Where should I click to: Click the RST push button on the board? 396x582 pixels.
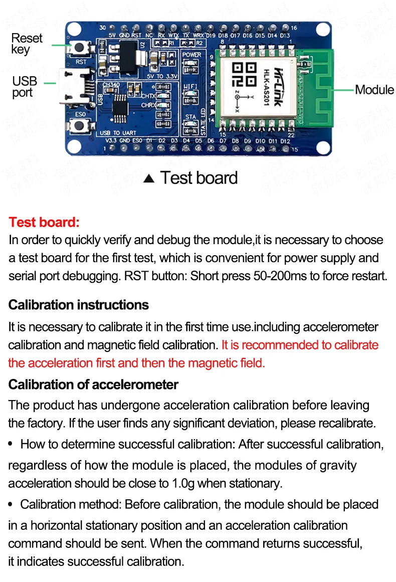tap(80, 49)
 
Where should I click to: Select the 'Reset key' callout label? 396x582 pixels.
tap(27, 44)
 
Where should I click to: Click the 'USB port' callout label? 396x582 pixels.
tap(25, 87)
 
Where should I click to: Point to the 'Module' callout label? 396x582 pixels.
tap(374, 90)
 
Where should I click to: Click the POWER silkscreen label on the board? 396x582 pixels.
tap(191, 55)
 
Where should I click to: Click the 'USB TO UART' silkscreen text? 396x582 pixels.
tap(117, 133)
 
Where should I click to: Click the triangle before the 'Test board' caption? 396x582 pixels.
tap(149, 179)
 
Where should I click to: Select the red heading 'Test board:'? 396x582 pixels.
tap(44, 222)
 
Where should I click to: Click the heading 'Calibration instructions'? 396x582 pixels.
tap(79, 305)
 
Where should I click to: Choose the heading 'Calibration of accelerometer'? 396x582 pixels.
tap(93, 384)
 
